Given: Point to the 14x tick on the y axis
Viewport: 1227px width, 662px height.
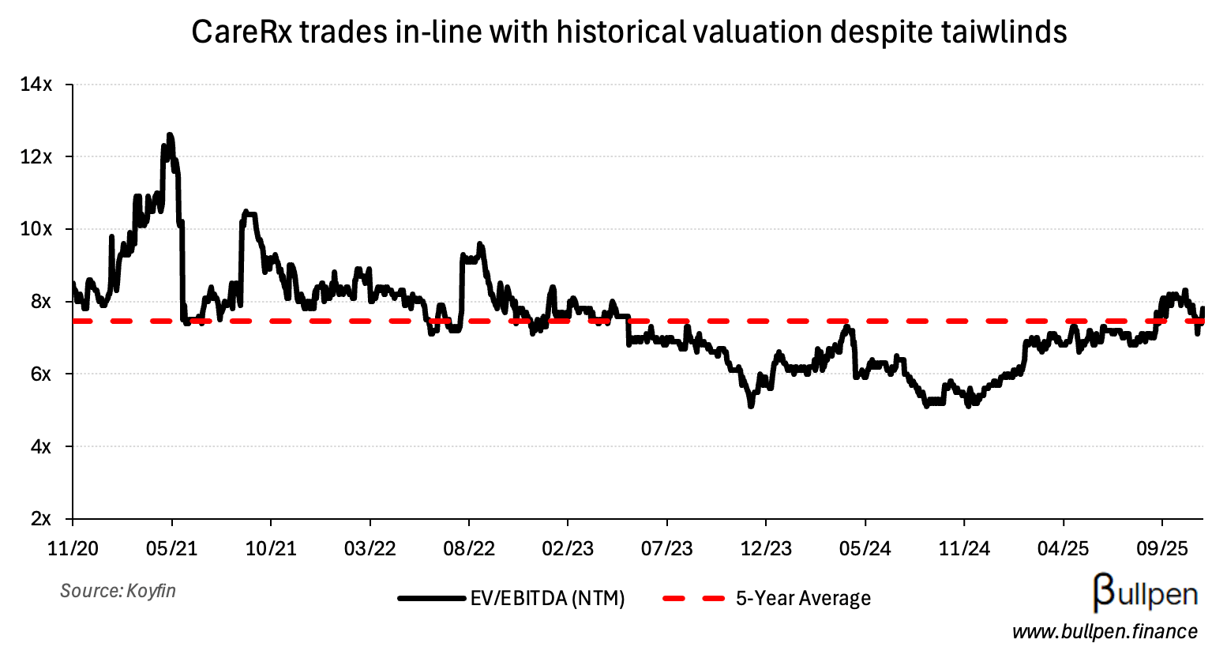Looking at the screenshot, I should coord(36,85).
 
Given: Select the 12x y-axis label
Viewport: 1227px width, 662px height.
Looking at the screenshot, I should coord(36,157).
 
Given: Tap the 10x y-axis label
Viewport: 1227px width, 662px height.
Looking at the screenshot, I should coord(36,229).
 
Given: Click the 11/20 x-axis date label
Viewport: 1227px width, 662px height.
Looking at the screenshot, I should coord(73,548).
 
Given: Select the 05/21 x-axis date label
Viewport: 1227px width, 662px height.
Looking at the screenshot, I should coord(172,548).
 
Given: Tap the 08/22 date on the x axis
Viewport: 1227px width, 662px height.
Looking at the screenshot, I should coord(469,548).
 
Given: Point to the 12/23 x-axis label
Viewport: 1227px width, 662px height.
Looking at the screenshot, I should coord(766,548).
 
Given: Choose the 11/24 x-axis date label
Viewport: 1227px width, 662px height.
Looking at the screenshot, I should coord(964,548).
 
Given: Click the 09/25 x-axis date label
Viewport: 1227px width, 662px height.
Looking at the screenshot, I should coord(1161,548).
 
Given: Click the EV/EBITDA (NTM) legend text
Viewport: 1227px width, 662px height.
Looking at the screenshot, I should coord(547,599).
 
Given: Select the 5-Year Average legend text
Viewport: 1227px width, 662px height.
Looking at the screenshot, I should coord(803,599).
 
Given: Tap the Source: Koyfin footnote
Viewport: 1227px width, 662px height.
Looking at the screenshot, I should coord(118,591).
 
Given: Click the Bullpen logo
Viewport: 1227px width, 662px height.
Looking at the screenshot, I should coord(1145,593).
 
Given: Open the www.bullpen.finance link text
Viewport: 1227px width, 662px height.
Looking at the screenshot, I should coord(1105,632).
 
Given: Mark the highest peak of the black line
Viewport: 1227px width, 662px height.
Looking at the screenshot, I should coord(170,135).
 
